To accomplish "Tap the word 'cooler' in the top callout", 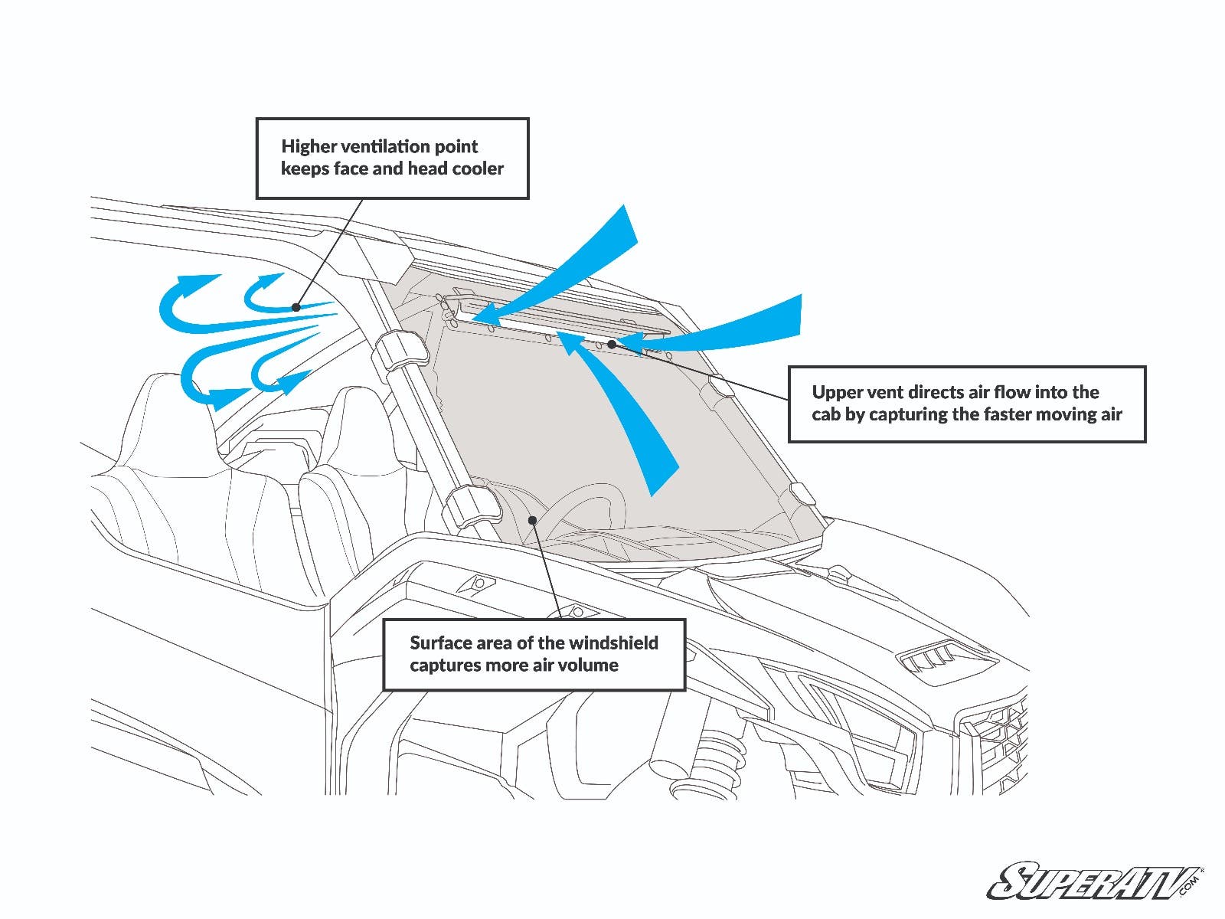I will point(478,168).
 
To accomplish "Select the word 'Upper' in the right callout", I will point(835,392).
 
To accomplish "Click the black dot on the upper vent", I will point(612,345).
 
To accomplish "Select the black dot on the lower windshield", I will point(532,520).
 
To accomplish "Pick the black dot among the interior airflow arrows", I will point(296,307).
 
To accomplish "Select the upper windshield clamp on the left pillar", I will point(400,351).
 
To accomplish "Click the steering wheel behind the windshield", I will point(590,505).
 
